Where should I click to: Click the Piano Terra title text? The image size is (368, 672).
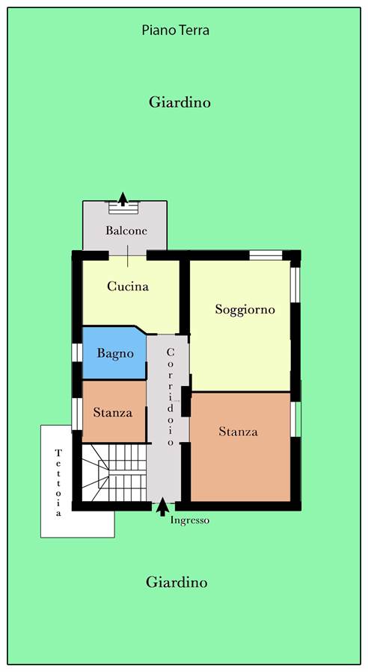pos(176,31)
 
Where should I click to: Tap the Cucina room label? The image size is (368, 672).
pos(128,286)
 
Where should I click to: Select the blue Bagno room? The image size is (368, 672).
pos(114,352)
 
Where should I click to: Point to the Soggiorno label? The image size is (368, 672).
pos(245,309)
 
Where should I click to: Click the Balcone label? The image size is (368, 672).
pos(126,231)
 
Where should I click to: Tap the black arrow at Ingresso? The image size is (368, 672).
pos(162,506)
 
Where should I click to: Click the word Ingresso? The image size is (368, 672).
pos(190,520)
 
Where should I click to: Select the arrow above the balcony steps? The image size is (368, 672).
pos(123,199)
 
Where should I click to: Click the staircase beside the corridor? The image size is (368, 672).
pos(114,473)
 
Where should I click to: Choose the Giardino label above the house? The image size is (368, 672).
pos(180,102)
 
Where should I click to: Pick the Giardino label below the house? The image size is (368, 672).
pos(177,582)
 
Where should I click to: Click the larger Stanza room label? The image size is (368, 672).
pos(239,431)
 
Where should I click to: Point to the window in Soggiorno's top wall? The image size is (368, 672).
pos(266,255)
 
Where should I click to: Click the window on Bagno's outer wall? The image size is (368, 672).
pos(77,352)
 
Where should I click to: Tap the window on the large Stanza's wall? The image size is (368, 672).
pos(296,419)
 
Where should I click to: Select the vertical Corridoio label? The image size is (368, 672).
pos(171,396)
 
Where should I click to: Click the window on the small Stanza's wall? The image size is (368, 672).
pos(77,414)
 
